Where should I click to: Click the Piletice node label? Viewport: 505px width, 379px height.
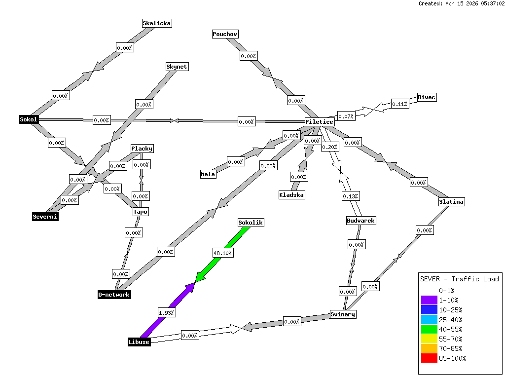[320, 122]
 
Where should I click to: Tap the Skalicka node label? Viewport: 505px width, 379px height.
[157, 23]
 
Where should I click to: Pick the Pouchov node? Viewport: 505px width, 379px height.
[225, 34]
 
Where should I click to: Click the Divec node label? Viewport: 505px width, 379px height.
[427, 97]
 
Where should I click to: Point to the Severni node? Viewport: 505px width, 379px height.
[45, 217]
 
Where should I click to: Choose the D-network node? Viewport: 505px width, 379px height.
[114, 295]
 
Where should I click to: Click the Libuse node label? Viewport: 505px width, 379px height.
[139, 342]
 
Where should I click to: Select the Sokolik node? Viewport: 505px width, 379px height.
[251, 223]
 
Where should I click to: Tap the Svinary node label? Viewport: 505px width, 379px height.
[343, 314]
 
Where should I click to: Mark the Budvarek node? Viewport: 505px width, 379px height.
[361, 221]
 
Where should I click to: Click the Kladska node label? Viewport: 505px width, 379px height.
[291, 195]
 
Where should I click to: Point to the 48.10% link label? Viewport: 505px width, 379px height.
[223, 253]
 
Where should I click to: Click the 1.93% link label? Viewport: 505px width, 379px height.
[166, 312]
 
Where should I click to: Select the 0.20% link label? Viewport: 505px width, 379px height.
[329, 147]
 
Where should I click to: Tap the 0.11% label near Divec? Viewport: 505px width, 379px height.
[399, 104]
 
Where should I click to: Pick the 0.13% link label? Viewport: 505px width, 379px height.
[351, 196]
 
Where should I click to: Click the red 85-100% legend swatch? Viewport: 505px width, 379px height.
[429, 358]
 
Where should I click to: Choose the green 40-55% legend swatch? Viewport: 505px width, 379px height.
[429, 329]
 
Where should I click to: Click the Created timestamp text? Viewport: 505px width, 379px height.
[461, 3]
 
